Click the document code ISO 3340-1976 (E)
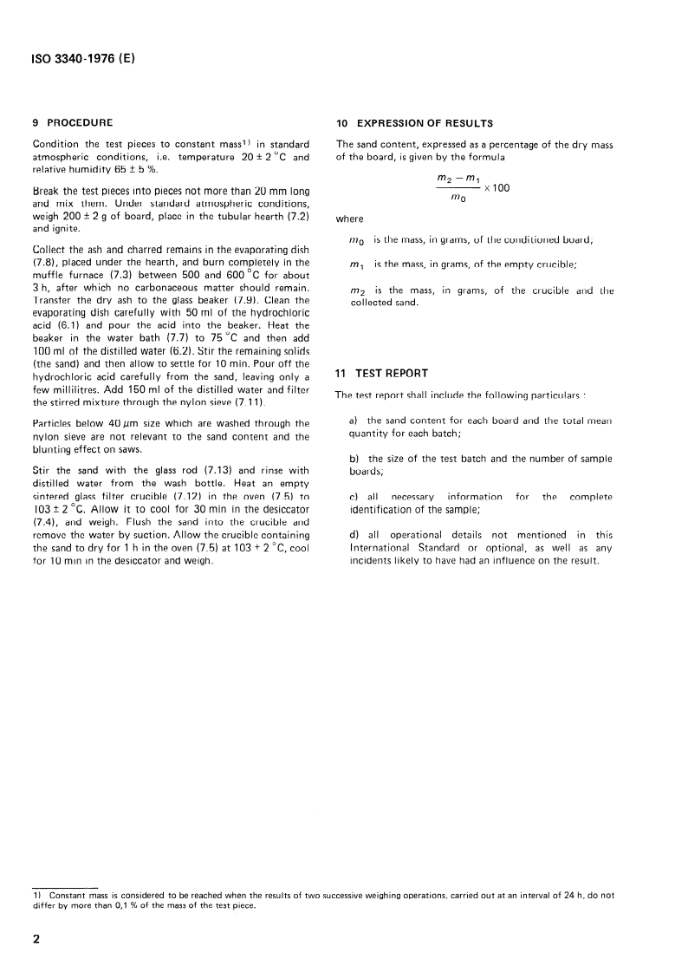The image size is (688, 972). click(x=84, y=60)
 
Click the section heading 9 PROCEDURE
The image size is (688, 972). click(x=73, y=122)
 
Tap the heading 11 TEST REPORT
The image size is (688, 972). click(x=382, y=374)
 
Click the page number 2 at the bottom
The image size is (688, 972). click(x=36, y=939)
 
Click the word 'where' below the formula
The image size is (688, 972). click(x=350, y=219)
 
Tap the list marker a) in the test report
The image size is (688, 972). click(x=353, y=420)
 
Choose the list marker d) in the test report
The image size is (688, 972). click(x=354, y=534)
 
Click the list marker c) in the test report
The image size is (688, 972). click(x=353, y=496)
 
